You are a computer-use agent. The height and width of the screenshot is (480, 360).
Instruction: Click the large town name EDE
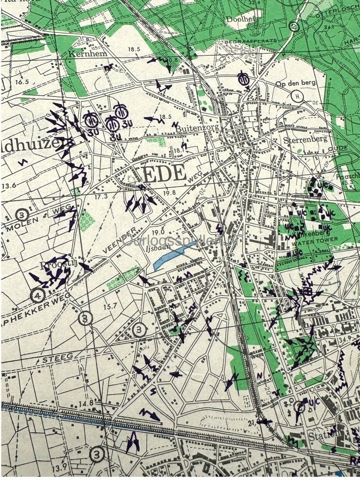click(x=165, y=174)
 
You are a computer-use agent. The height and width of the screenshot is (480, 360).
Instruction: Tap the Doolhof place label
click(x=238, y=19)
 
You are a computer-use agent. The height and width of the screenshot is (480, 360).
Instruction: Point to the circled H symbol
click(x=297, y=96)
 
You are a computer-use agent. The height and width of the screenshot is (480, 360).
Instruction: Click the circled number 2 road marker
click(x=294, y=26)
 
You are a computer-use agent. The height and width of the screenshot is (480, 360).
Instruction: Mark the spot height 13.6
click(x=8, y=186)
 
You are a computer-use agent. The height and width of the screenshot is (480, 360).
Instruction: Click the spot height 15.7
click(x=110, y=306)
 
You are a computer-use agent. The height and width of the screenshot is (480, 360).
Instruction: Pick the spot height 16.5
click(x=22, y=82)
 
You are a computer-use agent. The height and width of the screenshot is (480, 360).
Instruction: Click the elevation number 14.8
click(x=86, y=403)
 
